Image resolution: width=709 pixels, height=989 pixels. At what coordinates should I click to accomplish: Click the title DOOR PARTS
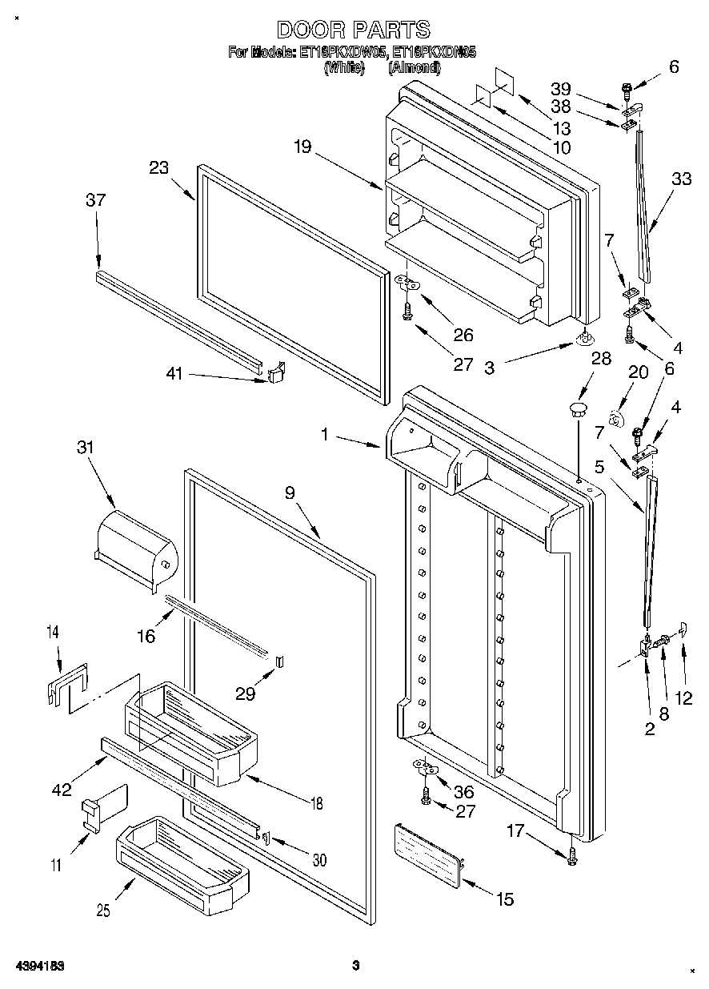coord(353,30)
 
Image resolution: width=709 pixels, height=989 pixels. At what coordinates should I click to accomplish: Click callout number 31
coord(85,448)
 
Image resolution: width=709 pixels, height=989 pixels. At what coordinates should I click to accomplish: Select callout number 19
coord(301,147)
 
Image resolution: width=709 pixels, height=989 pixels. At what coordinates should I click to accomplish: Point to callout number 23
coord(159,168)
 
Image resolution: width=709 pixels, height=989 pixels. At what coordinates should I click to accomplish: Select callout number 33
coord(680,179)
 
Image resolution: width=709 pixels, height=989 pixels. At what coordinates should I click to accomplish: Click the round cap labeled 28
coord(575,411)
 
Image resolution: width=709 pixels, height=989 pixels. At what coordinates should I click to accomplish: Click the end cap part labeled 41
coord(276,372)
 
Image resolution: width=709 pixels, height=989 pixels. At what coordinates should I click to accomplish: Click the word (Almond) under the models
coord(414,68)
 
